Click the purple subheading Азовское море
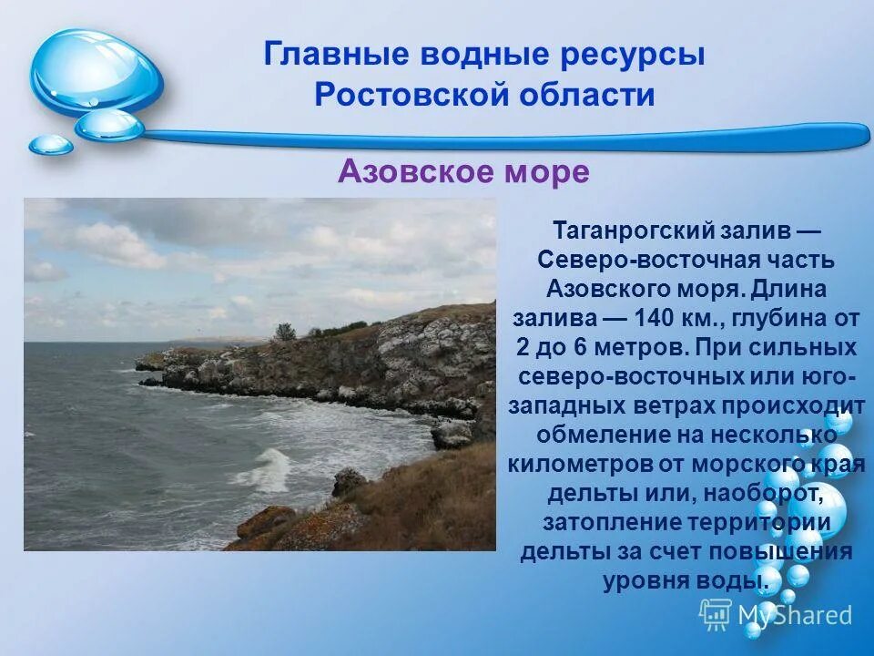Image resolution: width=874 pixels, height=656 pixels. point(463,171)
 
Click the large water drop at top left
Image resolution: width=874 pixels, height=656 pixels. point(95,71)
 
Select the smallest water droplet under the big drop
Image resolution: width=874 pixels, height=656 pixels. point(50,144)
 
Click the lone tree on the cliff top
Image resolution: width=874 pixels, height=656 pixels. point(285,332)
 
